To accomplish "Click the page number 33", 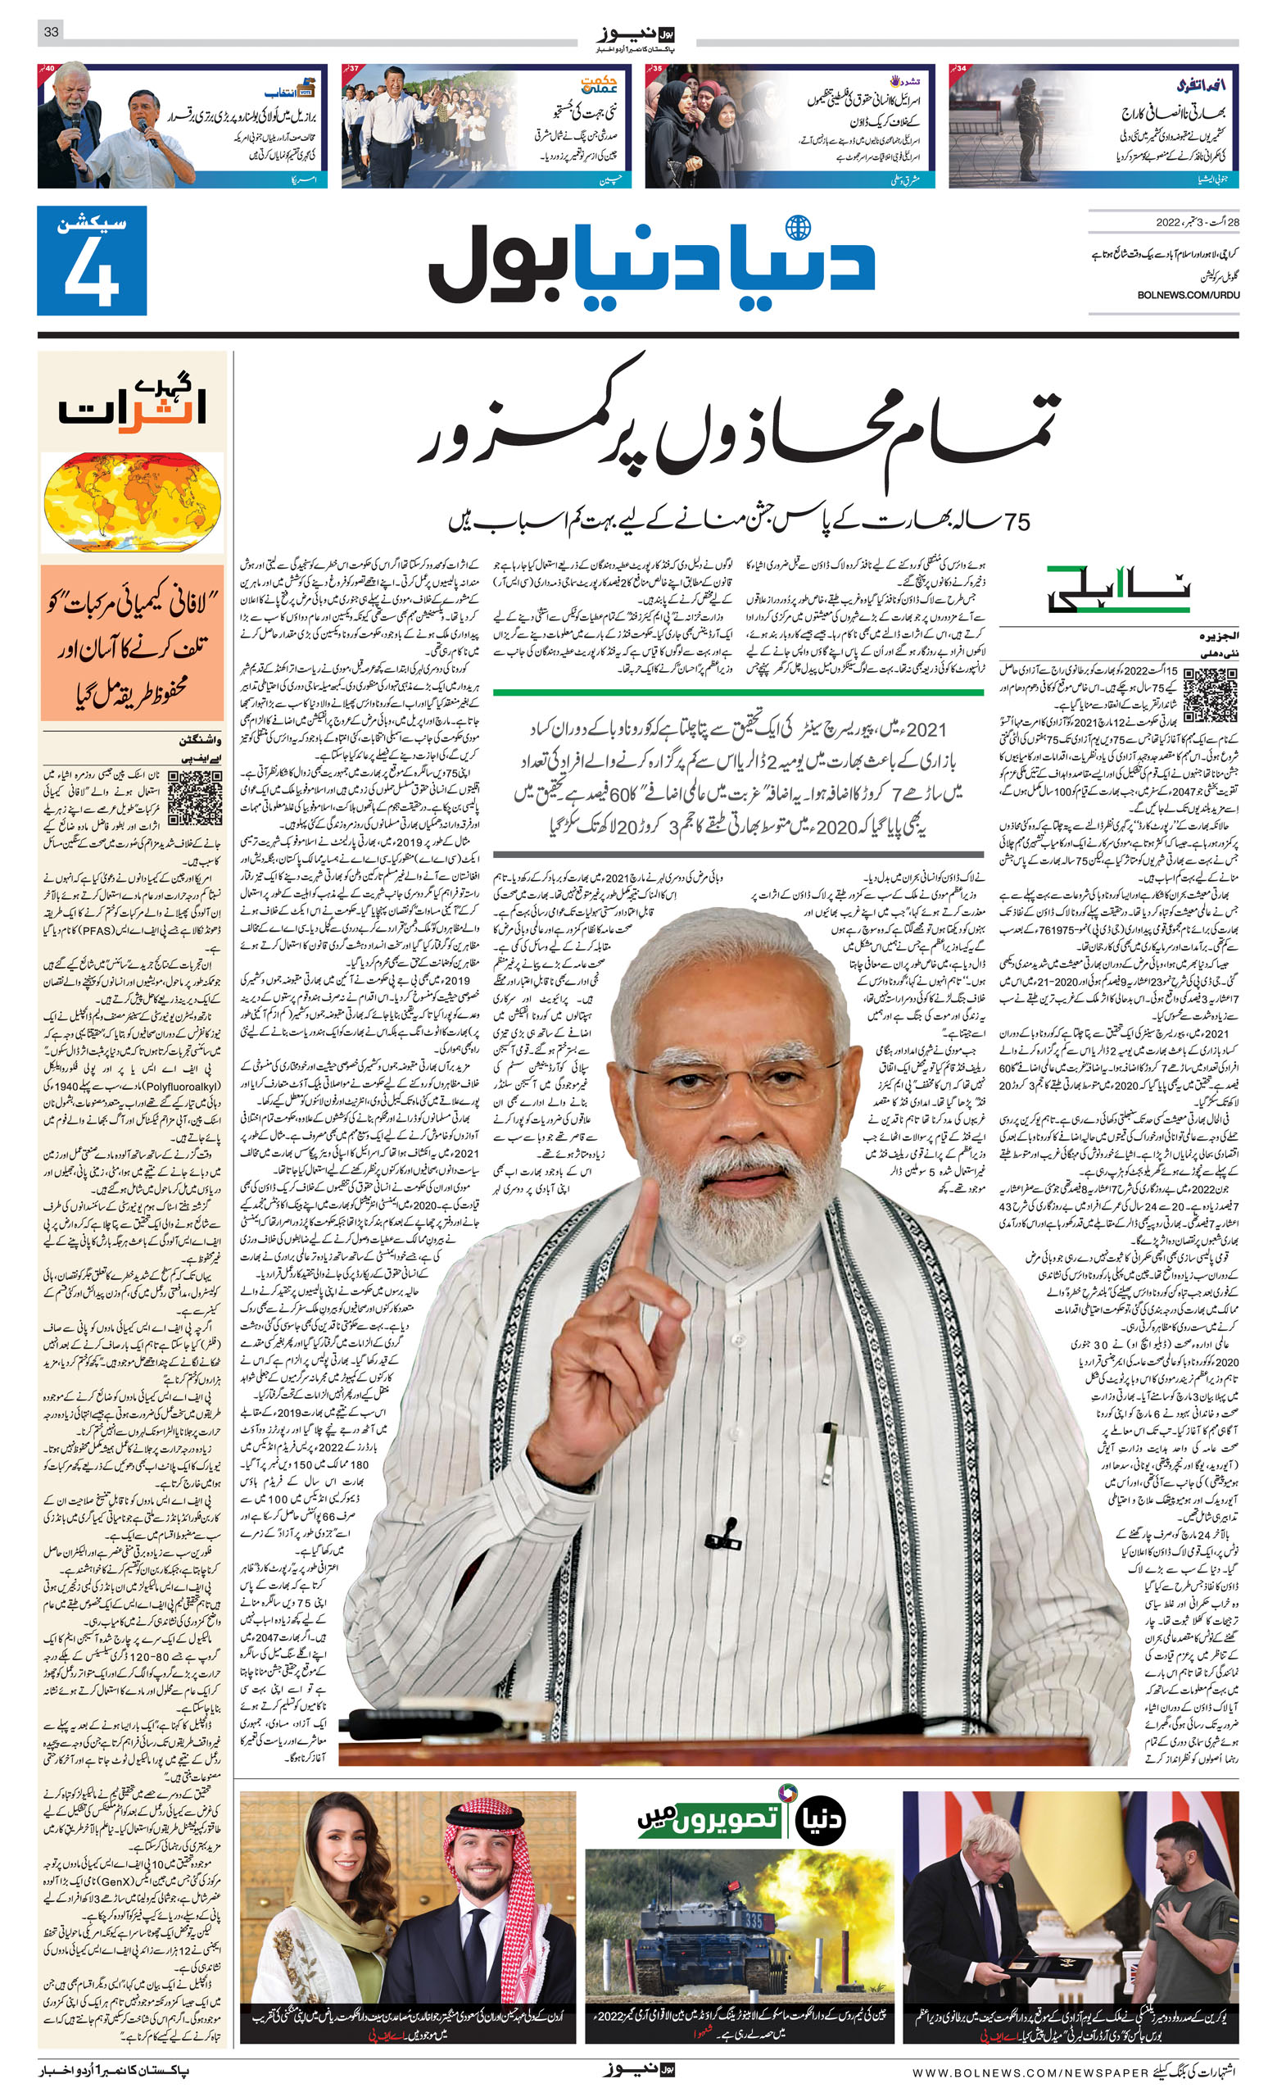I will tap(51, 31).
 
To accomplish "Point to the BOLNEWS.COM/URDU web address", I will tap(1188, 294).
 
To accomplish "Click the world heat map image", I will tap(132, 502).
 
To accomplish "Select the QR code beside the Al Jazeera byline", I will tap(1210, 694).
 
